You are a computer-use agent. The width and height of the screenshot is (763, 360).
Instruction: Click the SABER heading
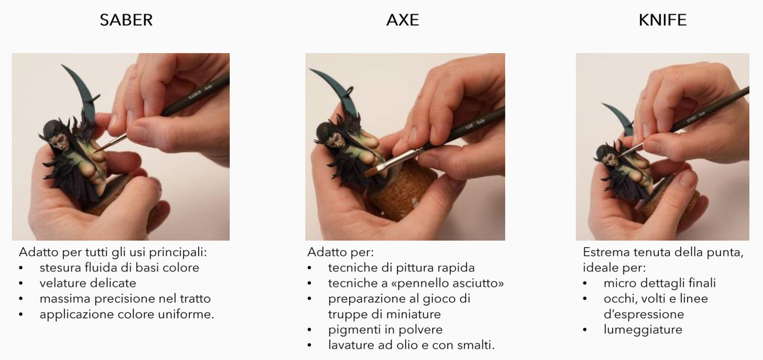coord(126,20)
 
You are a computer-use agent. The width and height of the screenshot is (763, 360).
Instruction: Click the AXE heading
coord(402,20)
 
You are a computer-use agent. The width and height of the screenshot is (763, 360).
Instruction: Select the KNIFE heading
coord(663,20)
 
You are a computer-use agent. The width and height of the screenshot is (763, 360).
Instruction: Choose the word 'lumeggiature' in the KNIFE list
coord(643,330)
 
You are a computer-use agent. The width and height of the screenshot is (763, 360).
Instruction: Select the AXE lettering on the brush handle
coord(469,126)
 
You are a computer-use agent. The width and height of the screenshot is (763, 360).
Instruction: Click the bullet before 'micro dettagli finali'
coord(585,283)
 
